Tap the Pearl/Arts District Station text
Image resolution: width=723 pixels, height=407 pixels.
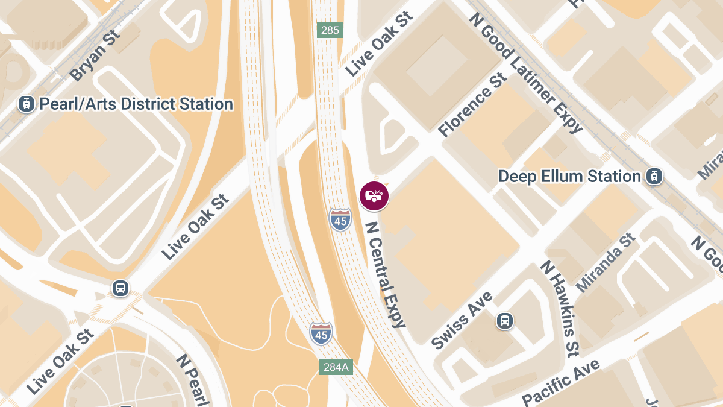coord(136,104)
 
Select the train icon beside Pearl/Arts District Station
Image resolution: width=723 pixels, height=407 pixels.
coord(26,104)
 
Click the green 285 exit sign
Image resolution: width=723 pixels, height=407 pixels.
coord(330,30)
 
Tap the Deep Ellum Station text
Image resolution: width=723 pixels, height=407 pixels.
coord(569,177)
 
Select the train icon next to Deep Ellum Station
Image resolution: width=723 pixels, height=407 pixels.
coord(654,177)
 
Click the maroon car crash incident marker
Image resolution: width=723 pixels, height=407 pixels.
coord(374,196)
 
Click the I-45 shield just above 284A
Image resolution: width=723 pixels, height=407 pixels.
coord(321,333)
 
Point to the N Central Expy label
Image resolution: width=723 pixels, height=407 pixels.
coord(386,274)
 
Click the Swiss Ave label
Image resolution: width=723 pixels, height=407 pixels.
coord(462,320)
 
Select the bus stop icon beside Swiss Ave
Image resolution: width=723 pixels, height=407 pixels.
coord(505,321)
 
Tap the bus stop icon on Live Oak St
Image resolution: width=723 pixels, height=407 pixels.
coord(120,288)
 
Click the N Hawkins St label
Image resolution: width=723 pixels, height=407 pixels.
coord(560,308)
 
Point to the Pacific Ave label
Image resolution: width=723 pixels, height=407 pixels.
coord(561,382)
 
